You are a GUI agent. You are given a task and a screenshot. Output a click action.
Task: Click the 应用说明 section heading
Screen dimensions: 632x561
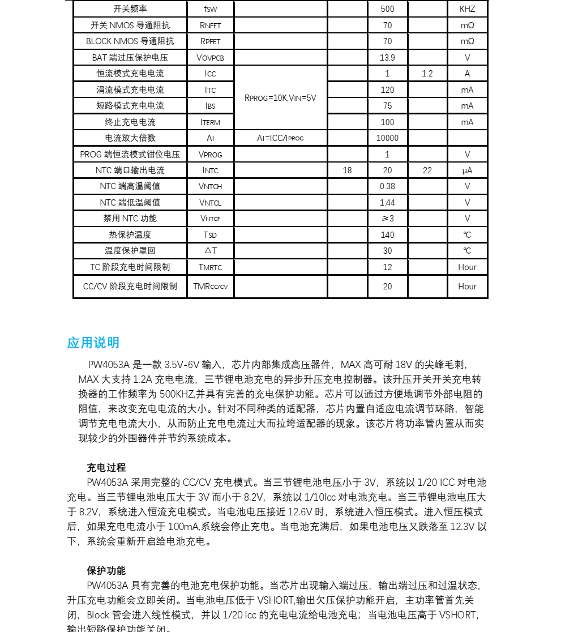coord(93,343)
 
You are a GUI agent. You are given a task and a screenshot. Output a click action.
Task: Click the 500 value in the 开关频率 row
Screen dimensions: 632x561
coord(387,9)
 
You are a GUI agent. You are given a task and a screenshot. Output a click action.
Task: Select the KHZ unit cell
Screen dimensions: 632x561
coord(467,9)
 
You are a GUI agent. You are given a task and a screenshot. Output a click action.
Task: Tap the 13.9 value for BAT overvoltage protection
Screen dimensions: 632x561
coord(387,57)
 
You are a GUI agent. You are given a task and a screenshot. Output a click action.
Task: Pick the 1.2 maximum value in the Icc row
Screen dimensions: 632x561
coord(427,74)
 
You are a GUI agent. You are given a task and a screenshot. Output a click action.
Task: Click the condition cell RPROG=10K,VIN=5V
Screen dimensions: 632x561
coord(280,97)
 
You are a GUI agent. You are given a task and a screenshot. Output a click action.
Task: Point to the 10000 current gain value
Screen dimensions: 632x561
coord(387,138)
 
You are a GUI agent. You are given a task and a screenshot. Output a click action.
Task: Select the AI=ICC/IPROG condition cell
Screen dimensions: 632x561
coord(280,138)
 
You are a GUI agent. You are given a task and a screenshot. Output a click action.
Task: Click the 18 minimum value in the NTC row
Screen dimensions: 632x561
coord(347,170)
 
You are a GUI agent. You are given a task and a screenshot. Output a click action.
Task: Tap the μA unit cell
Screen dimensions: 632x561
coord(467,170)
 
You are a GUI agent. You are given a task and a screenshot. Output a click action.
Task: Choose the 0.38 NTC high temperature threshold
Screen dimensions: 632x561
coord(387,186)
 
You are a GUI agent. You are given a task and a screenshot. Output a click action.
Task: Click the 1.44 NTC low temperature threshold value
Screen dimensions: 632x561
coord(387,202)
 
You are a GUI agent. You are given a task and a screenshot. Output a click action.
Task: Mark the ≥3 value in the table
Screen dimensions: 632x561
coord(387,219)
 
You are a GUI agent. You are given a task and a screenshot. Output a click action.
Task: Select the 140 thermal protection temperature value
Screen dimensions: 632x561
coord(387,234)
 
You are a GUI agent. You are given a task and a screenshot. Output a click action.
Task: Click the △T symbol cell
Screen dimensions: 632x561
coord(210,250)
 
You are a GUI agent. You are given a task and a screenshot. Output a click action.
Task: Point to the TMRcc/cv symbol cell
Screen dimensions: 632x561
coord(210,287)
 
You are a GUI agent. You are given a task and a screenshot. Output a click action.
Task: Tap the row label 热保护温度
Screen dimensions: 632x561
coord(130,234)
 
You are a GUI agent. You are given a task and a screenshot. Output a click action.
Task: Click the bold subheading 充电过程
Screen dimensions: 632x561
coord(106,468)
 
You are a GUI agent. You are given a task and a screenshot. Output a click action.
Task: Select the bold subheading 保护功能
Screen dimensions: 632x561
coord(106,570)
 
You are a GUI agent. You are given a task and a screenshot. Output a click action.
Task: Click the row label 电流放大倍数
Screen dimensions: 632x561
coord(130,138)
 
